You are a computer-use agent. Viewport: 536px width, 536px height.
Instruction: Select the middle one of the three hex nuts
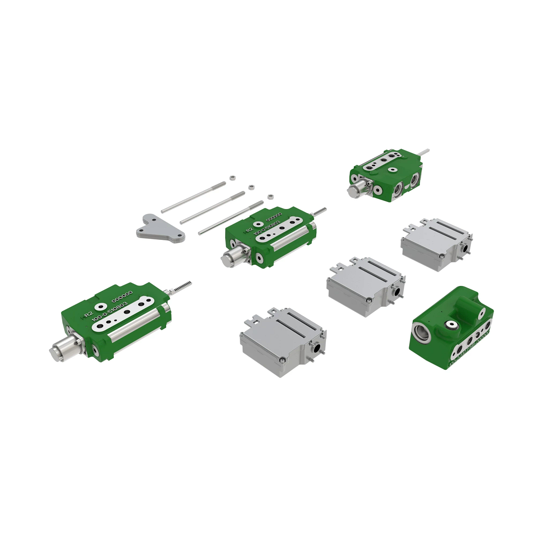251,186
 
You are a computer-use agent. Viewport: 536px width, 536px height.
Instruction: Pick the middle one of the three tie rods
213,207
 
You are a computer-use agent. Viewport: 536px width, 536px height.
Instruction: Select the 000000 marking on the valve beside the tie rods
275,218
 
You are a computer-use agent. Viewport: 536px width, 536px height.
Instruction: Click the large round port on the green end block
423,333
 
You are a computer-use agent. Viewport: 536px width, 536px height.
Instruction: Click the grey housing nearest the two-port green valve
435,244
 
